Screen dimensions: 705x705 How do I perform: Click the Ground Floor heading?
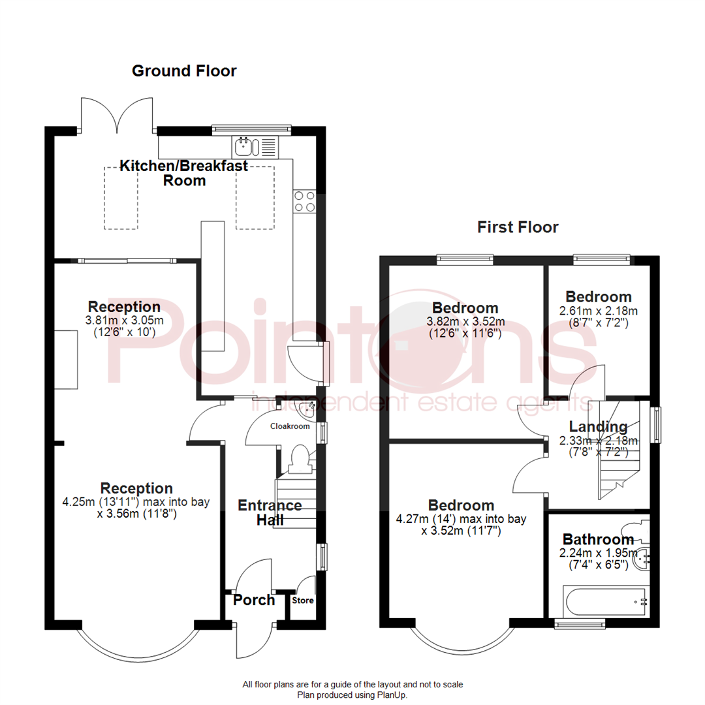(x=184, y=70)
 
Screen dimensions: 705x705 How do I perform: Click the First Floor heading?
(x=518, y=227)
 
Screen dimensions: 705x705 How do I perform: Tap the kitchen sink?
(x=246, y=146)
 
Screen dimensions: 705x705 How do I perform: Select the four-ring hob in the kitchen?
(x=305, y=200)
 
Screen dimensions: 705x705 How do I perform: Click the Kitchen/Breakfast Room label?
(x=184, y=173)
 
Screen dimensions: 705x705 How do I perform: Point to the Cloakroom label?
(x=290, y=426)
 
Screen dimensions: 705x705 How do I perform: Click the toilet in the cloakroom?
(x=300, y=458)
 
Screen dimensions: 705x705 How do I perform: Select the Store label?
(x=302, y=601)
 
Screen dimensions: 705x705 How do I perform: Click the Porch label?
(x=254, y=600)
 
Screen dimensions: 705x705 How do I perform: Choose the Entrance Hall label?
(x=270, y=512)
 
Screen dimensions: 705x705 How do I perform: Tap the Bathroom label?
(x=598, y=540)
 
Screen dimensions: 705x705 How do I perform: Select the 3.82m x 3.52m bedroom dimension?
(x=465, y=321)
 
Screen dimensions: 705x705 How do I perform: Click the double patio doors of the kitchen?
(x=117, y=116)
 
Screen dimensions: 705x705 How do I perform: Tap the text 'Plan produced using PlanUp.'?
(x=352, y=695)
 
